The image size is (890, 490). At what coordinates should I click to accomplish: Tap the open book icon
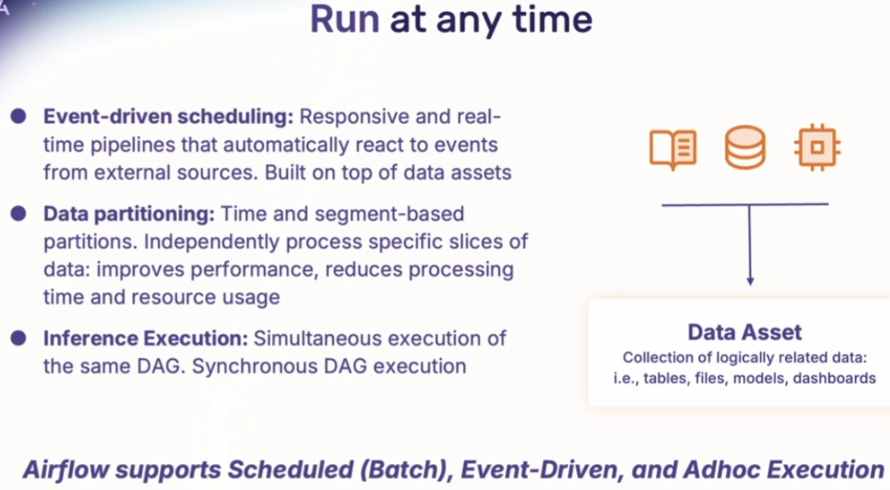click(672, 149)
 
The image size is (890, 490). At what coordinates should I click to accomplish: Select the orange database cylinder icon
click(745, 147)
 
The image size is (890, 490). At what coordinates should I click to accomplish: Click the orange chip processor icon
click(817, 147)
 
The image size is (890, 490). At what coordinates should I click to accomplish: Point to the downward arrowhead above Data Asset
click(749, 281)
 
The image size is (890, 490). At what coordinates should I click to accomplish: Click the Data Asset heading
click(745, 332)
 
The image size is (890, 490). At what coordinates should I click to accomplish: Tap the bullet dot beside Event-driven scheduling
click(18, 116)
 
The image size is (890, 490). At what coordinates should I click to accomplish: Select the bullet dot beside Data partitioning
click(18, 213)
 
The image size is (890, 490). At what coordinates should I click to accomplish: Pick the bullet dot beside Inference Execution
click(18, 338)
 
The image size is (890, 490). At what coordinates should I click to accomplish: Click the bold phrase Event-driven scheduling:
click(169, 117)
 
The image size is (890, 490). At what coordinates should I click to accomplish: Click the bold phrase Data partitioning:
click(129, 214)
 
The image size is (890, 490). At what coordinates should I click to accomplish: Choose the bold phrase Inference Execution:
click(146, 339)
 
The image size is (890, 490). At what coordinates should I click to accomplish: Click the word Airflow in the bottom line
click(65, 469)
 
